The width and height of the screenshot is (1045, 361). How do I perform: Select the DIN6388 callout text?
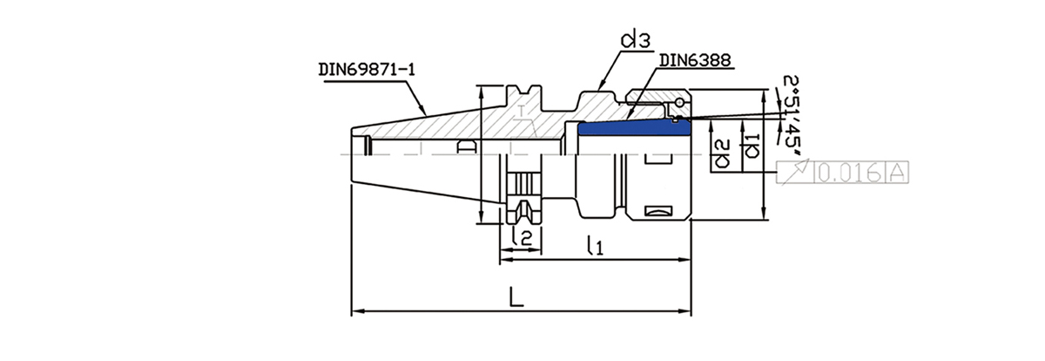click(694, 61)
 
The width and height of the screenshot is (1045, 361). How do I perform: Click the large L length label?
click(516, 296)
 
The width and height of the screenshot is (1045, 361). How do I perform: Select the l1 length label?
click(595, 246)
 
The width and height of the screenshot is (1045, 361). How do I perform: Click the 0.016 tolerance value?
click(848, 174)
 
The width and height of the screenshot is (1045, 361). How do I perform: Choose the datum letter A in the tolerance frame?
click(898, 174)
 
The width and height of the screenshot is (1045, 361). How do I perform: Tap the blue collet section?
click(634, 128)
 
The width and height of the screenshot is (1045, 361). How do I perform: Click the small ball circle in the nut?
click(678, 103)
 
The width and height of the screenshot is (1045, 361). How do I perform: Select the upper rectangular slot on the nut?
click(659, 159)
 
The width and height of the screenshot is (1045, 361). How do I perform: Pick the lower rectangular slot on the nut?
click(659, 210)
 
